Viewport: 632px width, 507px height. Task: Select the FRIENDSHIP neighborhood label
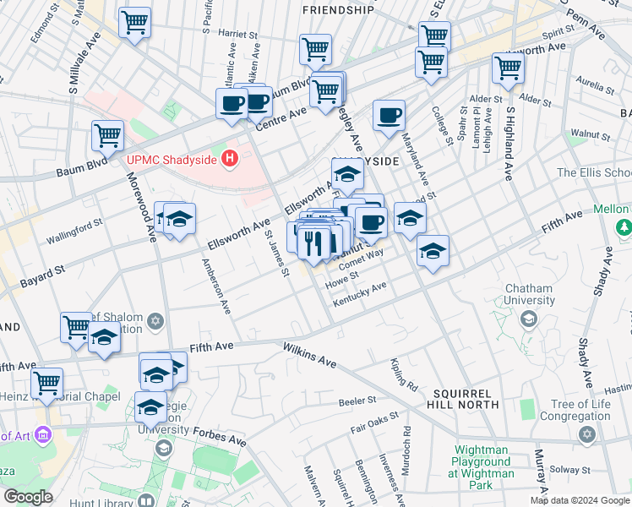click(x=338, y=10)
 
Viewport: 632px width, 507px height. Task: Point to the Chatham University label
click(x=528, y=294)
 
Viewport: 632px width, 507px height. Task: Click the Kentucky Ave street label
click(x=362, y=292)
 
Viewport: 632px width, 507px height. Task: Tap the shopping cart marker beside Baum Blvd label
click(x=108, y=134)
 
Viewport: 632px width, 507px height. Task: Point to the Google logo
click(x=28, y=497)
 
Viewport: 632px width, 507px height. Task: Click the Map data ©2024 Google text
click(x=579, y=500)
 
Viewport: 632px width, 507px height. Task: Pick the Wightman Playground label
click(x=483, y=462)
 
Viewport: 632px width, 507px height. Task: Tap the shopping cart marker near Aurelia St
click(x=508, y=68)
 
